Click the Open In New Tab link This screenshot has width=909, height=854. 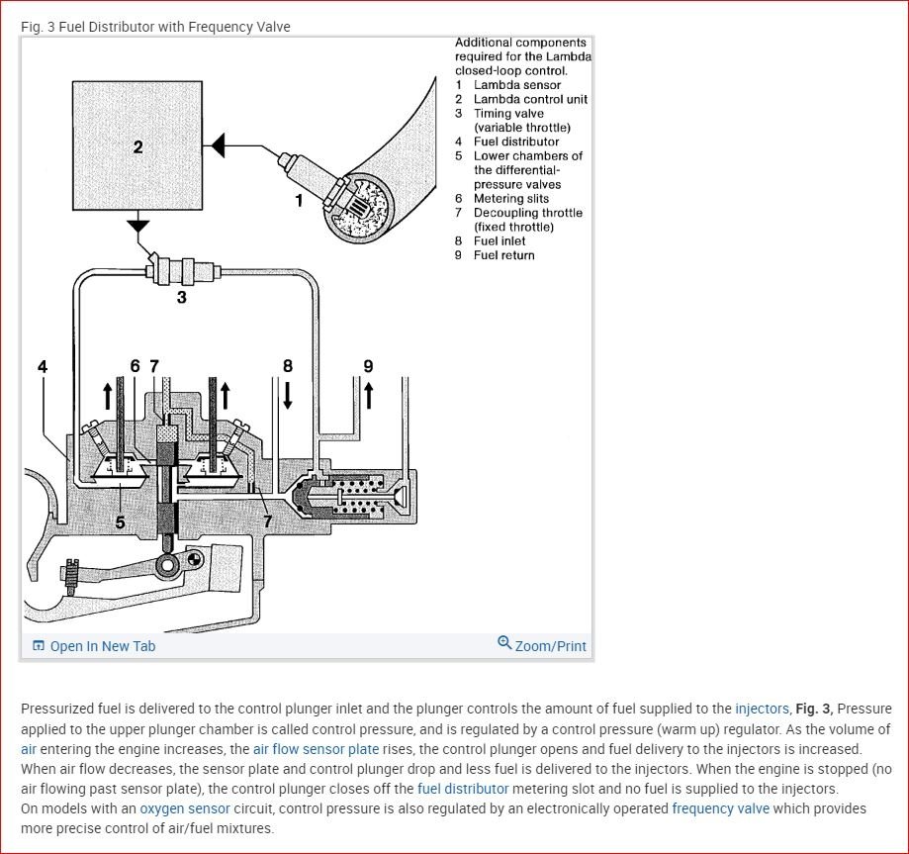click(x=94, y=646)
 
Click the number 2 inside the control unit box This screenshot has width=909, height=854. click(x=137, y=147)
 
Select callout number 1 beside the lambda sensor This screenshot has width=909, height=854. click(x=299, y=201)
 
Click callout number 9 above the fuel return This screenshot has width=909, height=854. click(x=368, y=366)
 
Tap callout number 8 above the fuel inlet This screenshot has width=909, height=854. click(x=288, y=366)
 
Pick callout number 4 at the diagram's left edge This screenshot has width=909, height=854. click(x=42, y=366)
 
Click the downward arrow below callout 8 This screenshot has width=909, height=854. click(x=288, y=396)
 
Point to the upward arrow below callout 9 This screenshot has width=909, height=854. click(x=368, y=396)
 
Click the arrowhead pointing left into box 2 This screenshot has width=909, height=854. click(x=219, y=146)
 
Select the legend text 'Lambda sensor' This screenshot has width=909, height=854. click(x=516, y=85)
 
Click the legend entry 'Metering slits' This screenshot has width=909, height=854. click(x=510, y=199)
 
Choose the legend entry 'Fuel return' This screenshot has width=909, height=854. click(x=503, y=255)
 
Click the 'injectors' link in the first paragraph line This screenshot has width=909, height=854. click(x=762, y=709)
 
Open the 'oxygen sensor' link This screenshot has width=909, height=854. click(x=185, y=808)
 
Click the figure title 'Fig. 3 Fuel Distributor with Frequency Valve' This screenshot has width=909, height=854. click(x=155, y=27)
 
